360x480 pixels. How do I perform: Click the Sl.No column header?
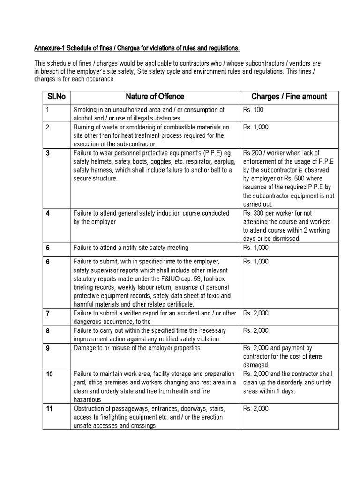56,97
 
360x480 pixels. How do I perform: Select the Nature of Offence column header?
155,97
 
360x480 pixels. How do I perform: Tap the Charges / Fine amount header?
289,97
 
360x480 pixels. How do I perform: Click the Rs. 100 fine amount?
254,110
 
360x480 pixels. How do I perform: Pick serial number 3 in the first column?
48,153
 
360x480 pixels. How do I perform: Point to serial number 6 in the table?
48,262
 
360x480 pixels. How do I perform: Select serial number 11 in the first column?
49,409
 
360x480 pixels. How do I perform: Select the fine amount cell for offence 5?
256,247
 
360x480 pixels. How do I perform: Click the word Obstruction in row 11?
90,409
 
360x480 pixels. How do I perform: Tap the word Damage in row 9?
85,348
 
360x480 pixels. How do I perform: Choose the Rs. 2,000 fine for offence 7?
256,313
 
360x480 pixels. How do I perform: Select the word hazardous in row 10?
88,400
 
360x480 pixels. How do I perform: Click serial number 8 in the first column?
48,331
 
